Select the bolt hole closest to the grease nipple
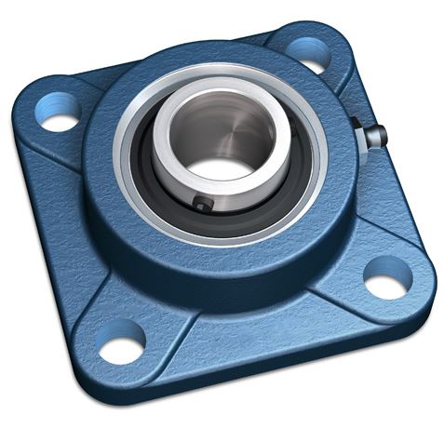[x=311, y=53]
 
